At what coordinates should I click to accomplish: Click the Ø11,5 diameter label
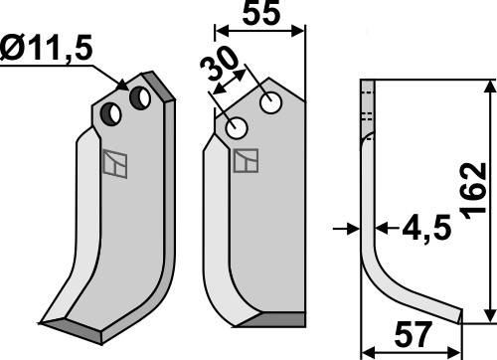coord(47,50)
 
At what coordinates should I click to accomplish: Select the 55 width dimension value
coord(261,13)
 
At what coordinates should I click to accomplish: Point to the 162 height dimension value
coord(474,191)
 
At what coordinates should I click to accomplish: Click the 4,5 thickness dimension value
coord(426,229)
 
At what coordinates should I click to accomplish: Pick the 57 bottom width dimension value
coord(414,335)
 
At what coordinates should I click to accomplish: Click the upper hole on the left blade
coord(140,98)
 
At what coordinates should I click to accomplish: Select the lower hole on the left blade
coord(111,114)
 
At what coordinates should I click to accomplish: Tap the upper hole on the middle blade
coord(271,103)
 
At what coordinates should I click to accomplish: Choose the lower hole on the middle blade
coord(237,128)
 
